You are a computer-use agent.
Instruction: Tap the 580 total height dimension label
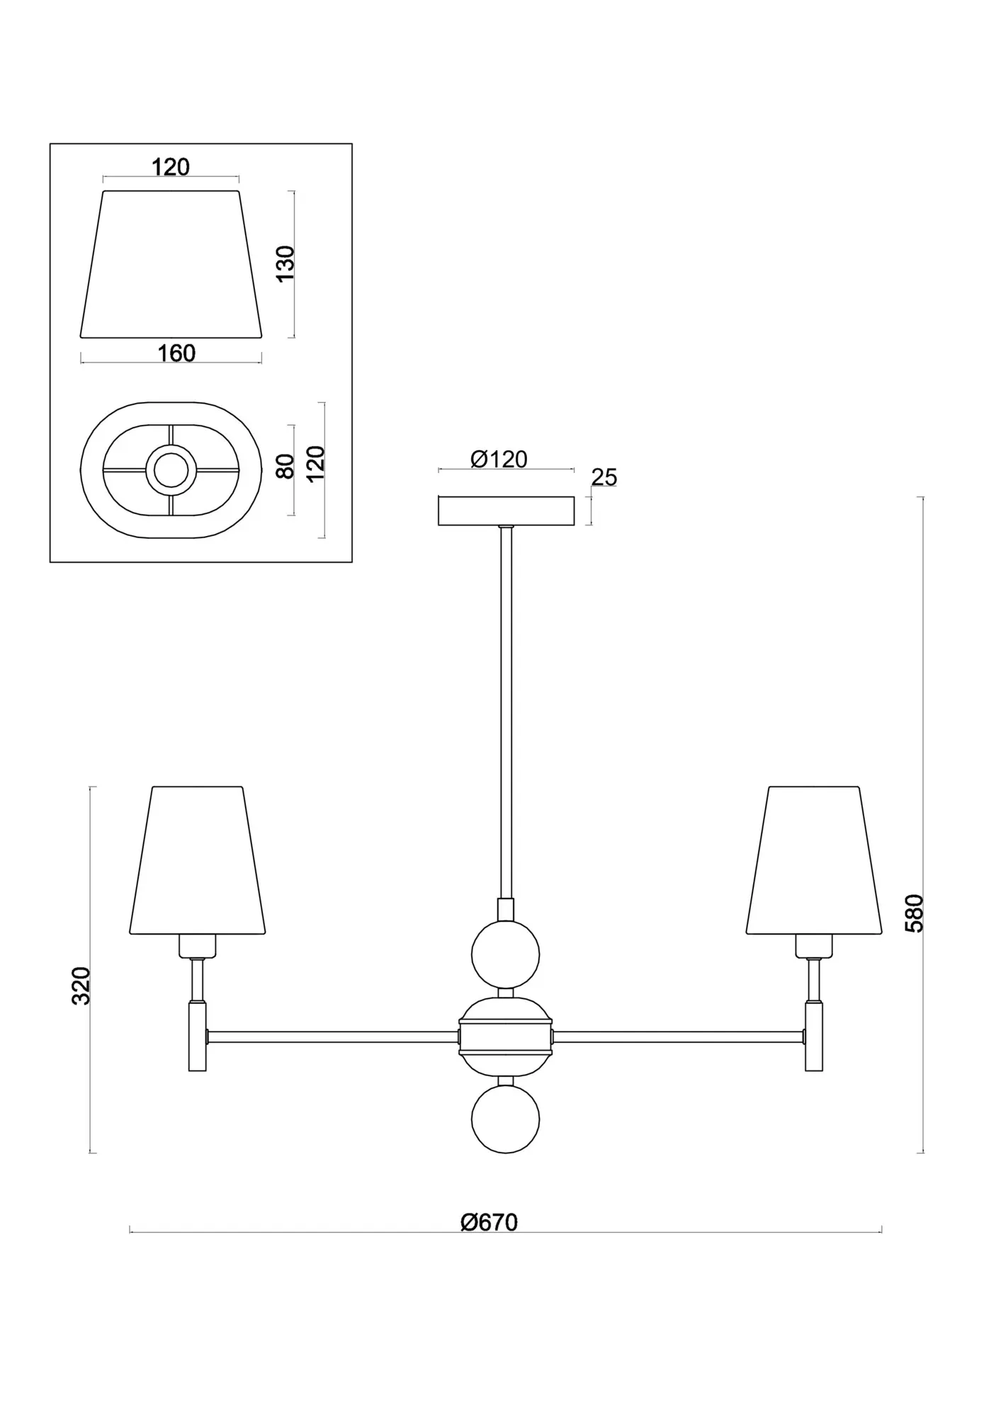coord(915,913)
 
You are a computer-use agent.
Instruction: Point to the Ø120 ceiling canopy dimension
coord(499,459)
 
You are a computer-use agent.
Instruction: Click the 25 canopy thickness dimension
coord(604,477)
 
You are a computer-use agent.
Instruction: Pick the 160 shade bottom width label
coord(176,353)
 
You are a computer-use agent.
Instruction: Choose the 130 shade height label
coord(285,263)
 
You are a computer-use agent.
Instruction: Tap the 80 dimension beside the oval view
coord(285,467)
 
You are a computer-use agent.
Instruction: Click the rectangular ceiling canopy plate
coord(506,510)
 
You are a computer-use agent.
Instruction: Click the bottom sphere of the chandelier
coord(505,1119)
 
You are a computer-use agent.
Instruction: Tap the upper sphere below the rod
coord(505,954)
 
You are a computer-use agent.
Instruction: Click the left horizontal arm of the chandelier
coord(332,1037)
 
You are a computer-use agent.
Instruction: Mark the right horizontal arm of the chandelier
coord(678,1037)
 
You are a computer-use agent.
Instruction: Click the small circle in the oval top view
coord(171,469)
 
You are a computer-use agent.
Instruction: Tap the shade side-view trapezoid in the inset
coord(171,263)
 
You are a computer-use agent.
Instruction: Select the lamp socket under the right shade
coord(813,945)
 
